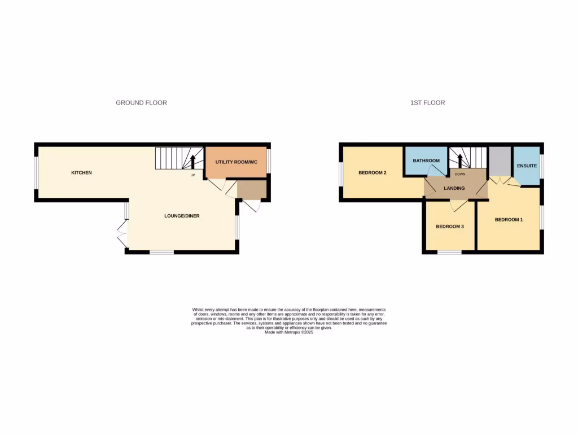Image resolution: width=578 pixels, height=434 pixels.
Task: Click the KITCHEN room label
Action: [81, 172]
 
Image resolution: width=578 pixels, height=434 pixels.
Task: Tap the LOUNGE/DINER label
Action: [182, 216]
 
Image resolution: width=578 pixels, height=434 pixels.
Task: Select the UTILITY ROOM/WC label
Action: [236, 162]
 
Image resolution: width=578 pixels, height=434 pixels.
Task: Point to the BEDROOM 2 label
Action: [373, 172]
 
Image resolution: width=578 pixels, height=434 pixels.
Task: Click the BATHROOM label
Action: [426, 160]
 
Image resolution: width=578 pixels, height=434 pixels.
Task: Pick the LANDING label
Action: [454, 189]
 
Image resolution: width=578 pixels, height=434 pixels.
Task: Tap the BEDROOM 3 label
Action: [450, 227]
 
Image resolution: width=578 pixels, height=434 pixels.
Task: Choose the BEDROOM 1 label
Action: [509, 219]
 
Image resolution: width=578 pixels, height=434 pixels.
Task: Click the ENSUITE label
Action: [527, 166]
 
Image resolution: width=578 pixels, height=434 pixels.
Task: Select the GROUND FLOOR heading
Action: [141, 103]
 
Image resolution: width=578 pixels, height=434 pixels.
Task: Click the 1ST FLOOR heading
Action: [427, 103]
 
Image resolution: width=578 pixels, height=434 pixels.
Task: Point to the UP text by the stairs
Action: [192, 175]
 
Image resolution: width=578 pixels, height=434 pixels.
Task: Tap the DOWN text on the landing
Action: [460, 175]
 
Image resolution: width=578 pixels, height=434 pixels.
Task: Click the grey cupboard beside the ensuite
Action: [500, 162]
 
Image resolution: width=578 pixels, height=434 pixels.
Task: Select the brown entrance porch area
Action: [251, 190]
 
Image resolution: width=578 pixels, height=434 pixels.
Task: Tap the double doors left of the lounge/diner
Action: [121, 233]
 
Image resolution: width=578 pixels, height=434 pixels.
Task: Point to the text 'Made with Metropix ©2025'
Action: [289, 332]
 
